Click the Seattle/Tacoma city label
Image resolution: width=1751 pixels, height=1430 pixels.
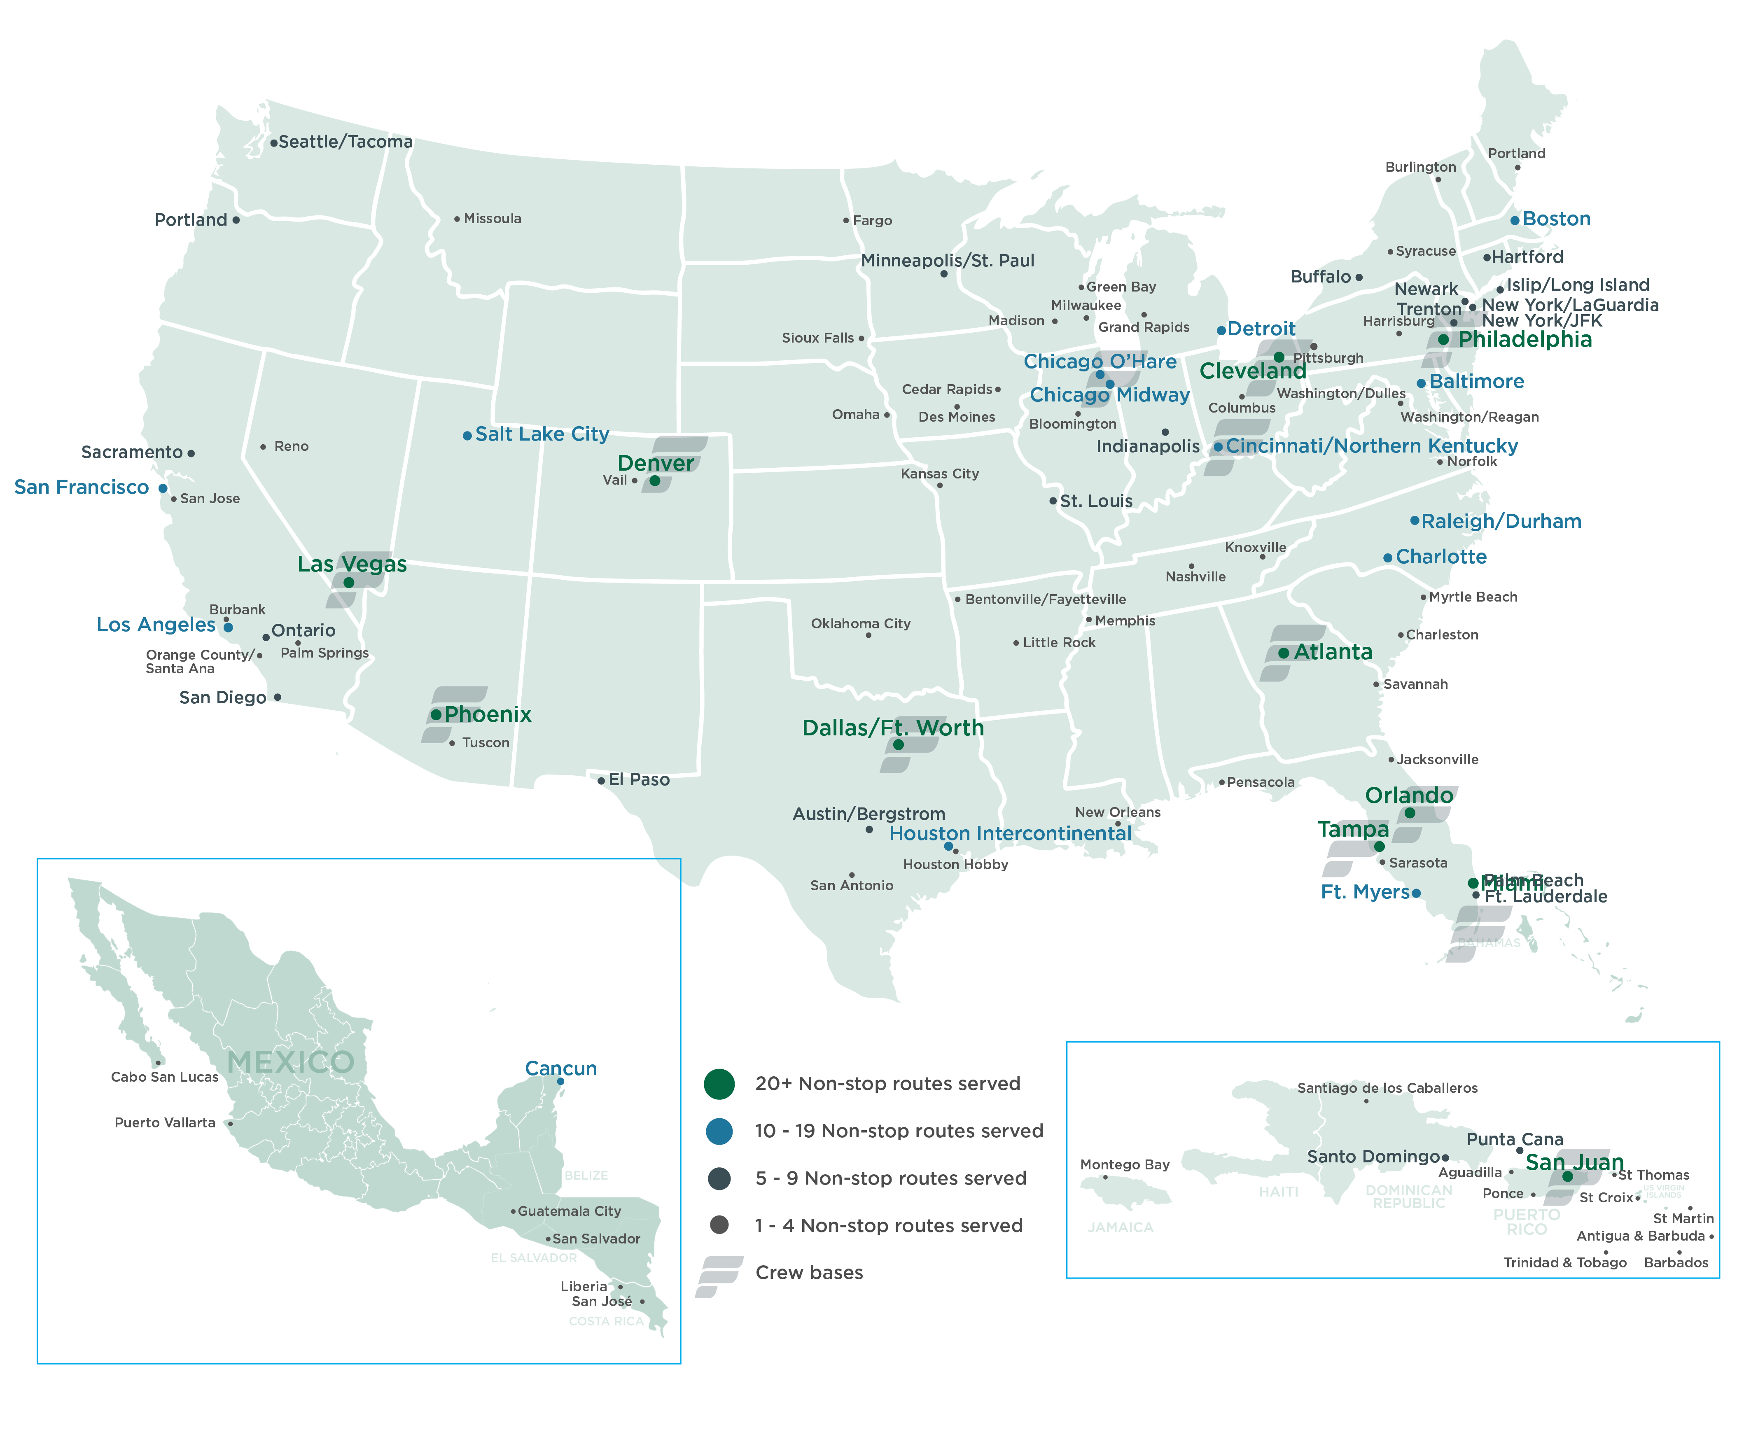coord(345,142)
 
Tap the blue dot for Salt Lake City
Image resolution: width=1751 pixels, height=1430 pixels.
coord(467,435)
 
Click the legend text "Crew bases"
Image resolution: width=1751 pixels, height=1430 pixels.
coord(809,1273)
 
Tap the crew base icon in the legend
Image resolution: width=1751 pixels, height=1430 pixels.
coord(719,1276)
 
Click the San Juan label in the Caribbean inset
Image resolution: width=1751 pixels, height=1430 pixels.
coord(1574,1162)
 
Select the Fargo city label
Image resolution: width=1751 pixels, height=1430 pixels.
coord(872,221)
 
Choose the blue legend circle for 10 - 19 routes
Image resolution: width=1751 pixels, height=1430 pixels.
coord(719,1132)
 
